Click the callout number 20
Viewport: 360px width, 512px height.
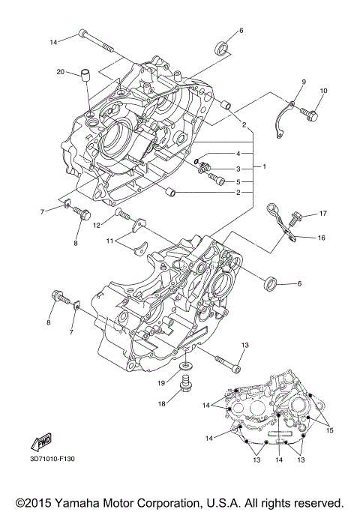60,72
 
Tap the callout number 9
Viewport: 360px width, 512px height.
304,81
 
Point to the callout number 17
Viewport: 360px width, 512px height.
323,214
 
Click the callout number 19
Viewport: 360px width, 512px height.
161,382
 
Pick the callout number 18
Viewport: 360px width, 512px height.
161,403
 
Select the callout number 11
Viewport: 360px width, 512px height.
109,241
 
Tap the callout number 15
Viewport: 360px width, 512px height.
328,431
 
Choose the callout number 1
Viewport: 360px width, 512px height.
262,166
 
